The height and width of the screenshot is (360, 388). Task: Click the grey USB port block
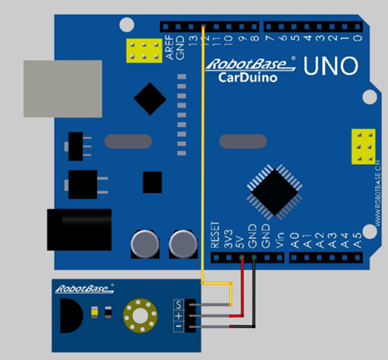point(63,89)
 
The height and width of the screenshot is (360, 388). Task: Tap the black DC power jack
point(79,230)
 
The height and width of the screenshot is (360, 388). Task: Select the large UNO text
point(331,66)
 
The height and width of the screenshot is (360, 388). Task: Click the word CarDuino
point(248,78)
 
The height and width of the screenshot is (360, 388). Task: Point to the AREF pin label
point(170,47)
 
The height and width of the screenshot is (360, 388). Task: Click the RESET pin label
point(215,235)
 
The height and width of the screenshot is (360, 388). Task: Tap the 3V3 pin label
point(228,239)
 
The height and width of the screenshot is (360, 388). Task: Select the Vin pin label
point(279,240)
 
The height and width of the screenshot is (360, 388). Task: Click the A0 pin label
point(295,240)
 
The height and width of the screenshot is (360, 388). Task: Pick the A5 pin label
point(357,240)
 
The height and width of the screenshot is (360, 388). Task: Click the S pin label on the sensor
point(179,305)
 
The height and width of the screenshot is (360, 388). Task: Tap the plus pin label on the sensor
point(179,316)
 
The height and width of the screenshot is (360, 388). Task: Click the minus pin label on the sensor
point(179,327)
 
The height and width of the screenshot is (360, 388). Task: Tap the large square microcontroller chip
point(275,192)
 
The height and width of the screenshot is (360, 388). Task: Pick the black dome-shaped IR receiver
point(71,316)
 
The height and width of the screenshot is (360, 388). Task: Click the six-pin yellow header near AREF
point(144,51)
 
